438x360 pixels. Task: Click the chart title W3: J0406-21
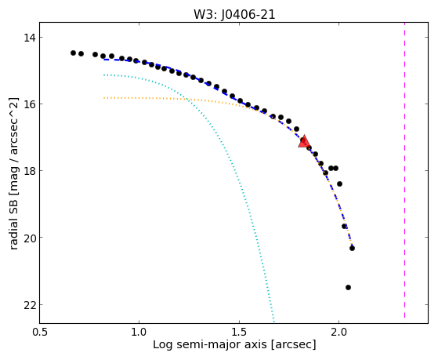[234, 15]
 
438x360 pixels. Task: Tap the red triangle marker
[304, 141]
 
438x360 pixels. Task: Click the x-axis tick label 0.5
[40, 333]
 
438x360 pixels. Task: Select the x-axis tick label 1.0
[139, 333]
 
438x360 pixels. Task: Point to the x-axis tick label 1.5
[240, 333]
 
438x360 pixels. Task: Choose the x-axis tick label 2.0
[339, 333]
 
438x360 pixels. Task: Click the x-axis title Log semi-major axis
[210, 344]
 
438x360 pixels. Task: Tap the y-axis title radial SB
[14, 221]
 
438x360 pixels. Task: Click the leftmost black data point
[73, 53]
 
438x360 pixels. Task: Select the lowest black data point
[348, 287]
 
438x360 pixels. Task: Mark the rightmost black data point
[352, 248]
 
